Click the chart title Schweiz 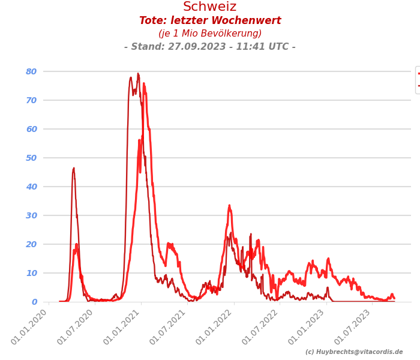coord(210,7)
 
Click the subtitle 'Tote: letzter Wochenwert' coord(210,21)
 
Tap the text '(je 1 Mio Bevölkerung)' coord(210,34)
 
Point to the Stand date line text coord(210,47)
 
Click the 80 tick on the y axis coord(31,71)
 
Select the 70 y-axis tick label coord(31,100)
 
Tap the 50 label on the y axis coord(31,158)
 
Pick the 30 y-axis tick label coord(31,215)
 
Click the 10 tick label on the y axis coord(31,273)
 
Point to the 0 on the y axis coord(34,302)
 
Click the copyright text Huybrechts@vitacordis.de coord(354,352)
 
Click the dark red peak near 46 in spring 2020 coord(74,169)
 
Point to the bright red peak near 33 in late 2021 coord(229,206)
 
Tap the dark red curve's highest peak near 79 coord(138,74)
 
